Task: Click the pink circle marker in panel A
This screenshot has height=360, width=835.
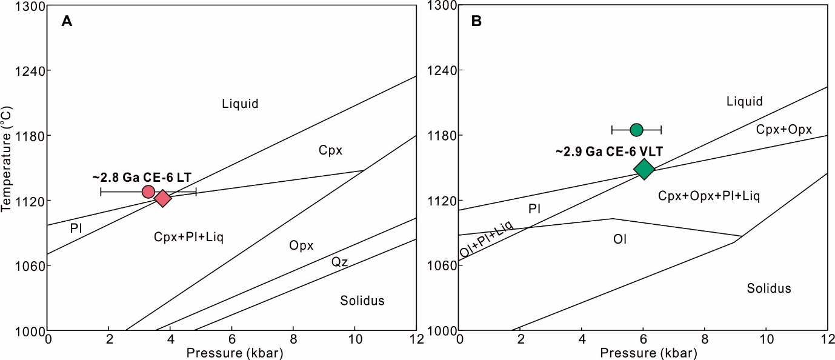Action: point(148,192)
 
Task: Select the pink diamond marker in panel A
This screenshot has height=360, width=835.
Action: point(162,198)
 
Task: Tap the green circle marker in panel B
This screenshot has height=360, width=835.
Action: point(636,129)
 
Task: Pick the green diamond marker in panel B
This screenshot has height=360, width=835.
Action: point(644,168)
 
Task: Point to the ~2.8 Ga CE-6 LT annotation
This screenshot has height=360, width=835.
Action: point(142,178)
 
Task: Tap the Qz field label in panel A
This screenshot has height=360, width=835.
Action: point(339,261)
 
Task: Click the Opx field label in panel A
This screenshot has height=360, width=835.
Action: point(301,245)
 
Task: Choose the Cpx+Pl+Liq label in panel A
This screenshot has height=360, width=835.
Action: point(188,237)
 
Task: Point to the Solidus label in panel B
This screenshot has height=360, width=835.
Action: point(768,288)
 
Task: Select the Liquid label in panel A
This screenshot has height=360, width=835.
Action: point(240,104)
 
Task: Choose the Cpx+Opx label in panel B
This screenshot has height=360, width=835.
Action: point(784,128)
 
